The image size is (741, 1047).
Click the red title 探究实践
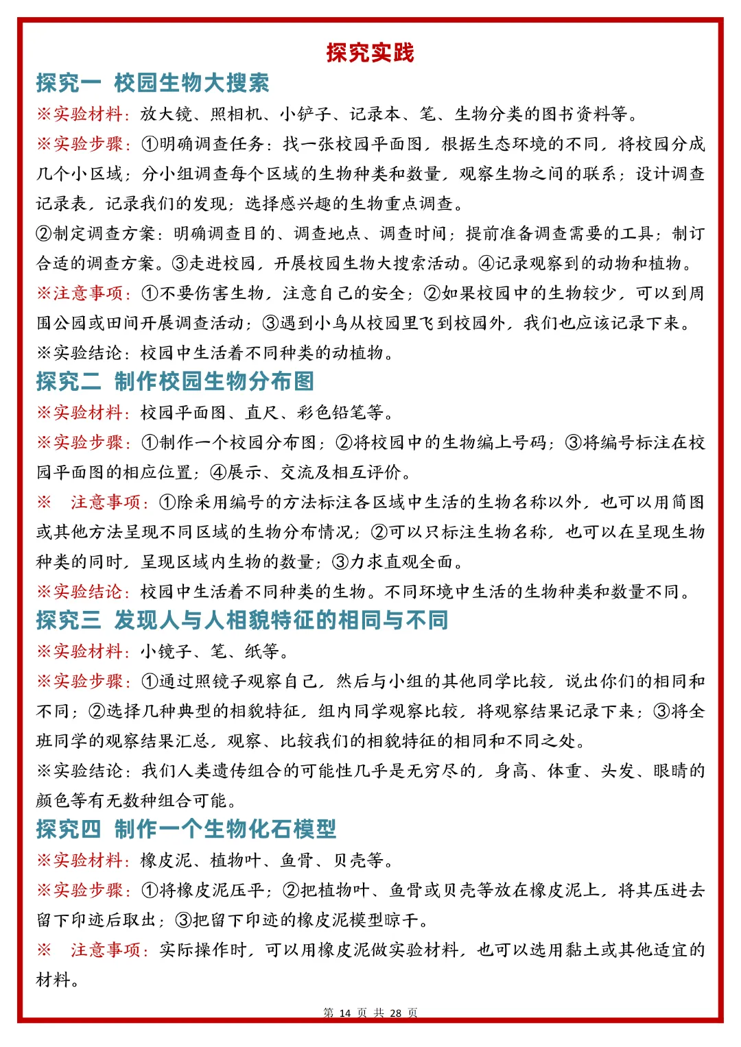(370, 53)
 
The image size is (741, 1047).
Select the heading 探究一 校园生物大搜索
(152, 83)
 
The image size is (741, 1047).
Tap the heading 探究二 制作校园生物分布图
(175, 381)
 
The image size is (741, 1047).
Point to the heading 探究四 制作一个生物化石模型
(186, 829)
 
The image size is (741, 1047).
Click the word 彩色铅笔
(332, 413)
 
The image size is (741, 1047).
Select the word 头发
(617, 771)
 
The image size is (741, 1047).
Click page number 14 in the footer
(344, 1013)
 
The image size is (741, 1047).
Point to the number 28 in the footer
(395, 1013)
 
